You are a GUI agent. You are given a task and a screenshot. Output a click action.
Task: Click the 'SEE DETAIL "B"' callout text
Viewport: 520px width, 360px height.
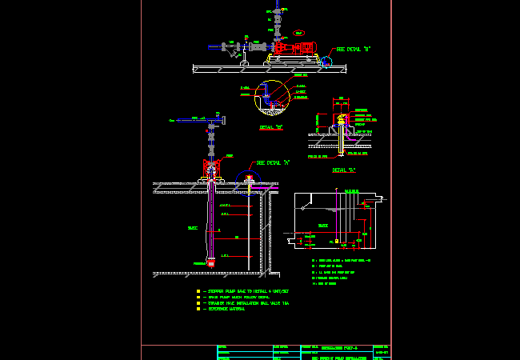click(x=354, y=49)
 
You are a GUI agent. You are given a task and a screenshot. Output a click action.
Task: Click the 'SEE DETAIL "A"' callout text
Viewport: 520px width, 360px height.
click(x=273, y=162)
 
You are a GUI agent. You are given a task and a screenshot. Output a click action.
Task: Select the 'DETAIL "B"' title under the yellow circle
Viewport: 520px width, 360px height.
click(x=271, y=127)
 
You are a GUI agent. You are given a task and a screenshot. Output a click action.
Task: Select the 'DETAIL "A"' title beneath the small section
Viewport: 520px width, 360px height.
click(x=344, y=170)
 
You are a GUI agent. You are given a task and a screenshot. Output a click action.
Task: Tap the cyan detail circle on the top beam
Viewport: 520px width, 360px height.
click(x=326, y=61)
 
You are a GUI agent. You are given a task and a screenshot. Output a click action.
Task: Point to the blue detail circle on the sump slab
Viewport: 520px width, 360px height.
click(x=247, y=183)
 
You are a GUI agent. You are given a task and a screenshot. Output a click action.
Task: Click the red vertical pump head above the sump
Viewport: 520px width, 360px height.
click(x=211, y=168)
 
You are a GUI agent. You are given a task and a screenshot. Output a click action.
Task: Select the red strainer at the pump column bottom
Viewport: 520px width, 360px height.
click(x=210, y=262)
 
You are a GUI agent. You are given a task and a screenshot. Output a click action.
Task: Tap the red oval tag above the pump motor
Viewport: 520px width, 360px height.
click(x=298, y=33)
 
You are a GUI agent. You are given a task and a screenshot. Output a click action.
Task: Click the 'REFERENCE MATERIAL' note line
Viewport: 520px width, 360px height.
click(x=233, y=309)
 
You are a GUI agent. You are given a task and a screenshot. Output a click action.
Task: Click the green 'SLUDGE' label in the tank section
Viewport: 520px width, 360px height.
click(x=323, y=226)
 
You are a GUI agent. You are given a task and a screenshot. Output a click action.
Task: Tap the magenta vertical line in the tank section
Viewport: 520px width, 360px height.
click(x=337, y=216)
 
